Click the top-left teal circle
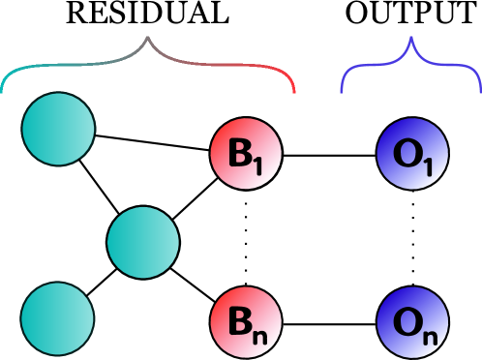58,129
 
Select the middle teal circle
143,242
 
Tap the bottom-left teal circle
57,318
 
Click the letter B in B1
239,153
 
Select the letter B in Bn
239,321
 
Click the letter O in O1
407,153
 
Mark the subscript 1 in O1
429,166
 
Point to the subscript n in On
429,336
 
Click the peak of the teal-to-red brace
148,39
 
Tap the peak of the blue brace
411,39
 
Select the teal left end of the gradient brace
3,91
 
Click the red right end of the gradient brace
294,91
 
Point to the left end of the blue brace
342,91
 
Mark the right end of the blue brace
480,91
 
